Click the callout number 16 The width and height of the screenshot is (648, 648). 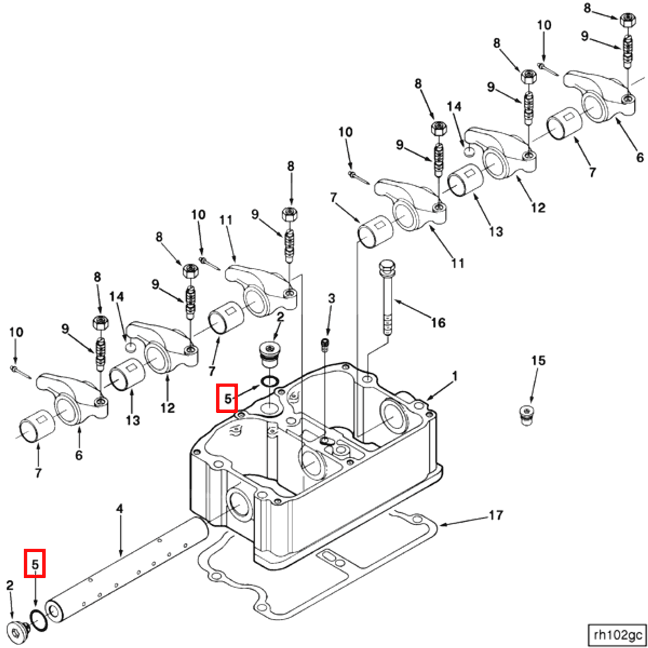[438, 322]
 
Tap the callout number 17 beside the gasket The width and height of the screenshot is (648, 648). [496, 515]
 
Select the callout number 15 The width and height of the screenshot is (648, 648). [538, 361]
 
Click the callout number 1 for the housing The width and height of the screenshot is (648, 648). [455, 376]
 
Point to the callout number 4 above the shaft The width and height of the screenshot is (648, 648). [120, 509]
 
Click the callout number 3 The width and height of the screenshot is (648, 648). [331, 298]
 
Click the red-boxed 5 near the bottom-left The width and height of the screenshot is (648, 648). [35, 564]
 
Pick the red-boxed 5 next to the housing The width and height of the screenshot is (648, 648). [227, 398]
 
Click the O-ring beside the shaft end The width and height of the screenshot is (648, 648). [39, 621]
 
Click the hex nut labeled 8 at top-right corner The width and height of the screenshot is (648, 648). [628, 20]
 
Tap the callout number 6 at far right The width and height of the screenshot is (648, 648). [640, 157]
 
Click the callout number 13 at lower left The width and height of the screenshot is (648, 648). [133, 420]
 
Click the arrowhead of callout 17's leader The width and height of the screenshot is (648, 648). [441, 525]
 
